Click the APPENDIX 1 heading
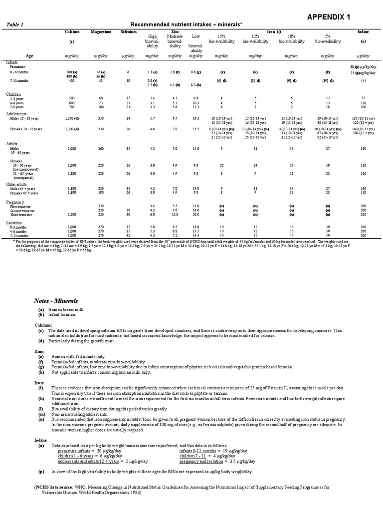[328, 17]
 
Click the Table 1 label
[15, 24]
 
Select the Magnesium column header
[101, 31]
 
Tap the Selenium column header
[128, 31]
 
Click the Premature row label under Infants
[17, 66]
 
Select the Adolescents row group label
[17, 114]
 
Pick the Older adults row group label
[17, 184]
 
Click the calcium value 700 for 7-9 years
[72, 107]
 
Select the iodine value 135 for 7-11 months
[363, 80]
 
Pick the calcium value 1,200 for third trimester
[72, 215]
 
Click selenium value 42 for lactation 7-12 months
[128, 236]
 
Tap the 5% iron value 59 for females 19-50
[328, 165]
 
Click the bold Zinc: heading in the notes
[40, 351]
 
